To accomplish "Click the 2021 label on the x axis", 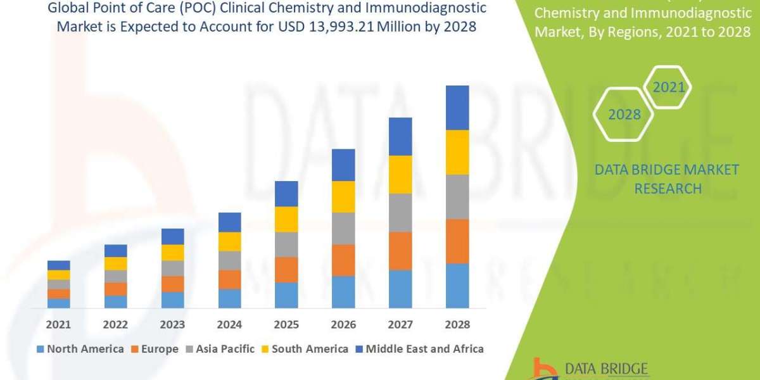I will point(58,324).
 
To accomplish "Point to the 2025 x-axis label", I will point(286,324).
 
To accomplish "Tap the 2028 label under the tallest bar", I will point(457,324).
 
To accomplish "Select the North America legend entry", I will point(80,349).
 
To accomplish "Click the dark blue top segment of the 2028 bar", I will point(457,108).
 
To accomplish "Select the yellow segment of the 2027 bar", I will point(400,174).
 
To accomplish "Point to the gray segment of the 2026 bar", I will point(343,228).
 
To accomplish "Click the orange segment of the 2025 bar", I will point(286,269).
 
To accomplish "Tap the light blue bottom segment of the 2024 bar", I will point(229,298).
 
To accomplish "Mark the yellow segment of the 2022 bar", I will point(115,263).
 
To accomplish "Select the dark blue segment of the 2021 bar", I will point(58,265).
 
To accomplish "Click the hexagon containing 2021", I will point(669,87).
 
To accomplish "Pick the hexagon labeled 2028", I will point(624,115).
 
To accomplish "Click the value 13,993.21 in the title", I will point(367,27).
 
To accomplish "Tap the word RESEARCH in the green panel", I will point(668,189).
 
